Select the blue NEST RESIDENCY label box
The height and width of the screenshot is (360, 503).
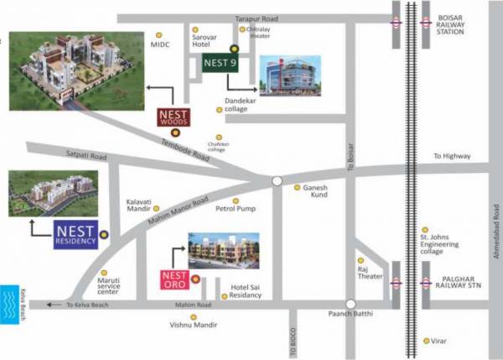pyautogui.click(x=75, y=234)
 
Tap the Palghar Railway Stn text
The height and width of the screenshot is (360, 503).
pyautogui.click(x=458, y=284)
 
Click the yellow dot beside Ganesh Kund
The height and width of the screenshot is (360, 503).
pyautogui.click(x=297, y=187)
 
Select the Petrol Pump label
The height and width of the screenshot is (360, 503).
pyautogui.click(x=235, y=208)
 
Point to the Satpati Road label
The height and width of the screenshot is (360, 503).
pyautogui.click(x=87, y=156)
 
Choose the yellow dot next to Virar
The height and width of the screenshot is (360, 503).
pyautogui.click(x=428, y=340)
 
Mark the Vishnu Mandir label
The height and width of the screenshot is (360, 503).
pyautogui.click(x=192, y=324)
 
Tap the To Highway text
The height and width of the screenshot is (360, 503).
pyautogui.click(x=452, y=157)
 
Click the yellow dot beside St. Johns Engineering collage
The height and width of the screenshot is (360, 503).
pyautogui.click(x=426, y=229)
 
